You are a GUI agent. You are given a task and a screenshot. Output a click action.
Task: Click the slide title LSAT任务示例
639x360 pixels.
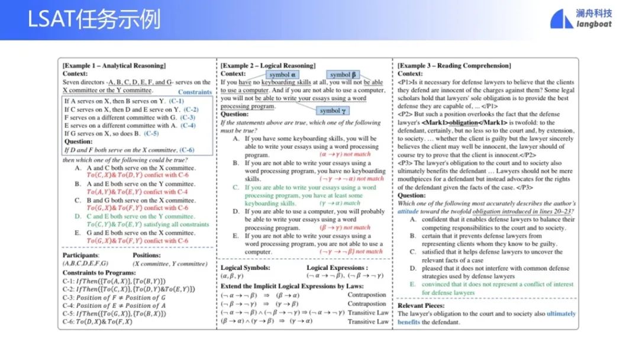94,20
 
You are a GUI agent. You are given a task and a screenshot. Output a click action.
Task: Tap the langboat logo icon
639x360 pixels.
561,19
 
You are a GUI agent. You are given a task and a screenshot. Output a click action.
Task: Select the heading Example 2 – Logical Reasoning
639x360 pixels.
268,65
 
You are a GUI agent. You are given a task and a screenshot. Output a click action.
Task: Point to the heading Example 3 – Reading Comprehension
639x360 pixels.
454,65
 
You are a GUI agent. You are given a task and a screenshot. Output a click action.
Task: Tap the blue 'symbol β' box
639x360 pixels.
343,75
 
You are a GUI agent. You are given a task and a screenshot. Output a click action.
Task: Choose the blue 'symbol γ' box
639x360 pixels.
334,111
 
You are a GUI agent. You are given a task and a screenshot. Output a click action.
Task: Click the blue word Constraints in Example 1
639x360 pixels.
195,92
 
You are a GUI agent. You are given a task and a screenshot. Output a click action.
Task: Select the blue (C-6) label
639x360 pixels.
186,150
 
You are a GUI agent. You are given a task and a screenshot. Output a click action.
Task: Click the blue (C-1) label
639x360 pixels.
176,101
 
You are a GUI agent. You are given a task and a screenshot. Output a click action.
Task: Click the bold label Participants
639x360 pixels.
81,255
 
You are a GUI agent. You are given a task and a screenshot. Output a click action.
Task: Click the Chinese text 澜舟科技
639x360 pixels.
594,13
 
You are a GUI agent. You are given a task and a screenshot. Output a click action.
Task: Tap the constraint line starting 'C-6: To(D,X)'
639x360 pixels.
98,322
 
